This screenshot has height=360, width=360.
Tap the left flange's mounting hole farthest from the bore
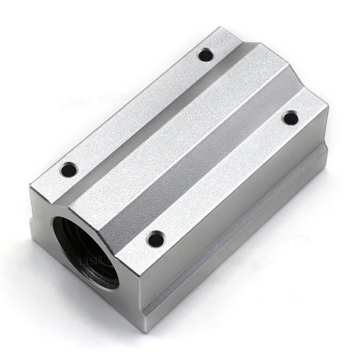pyautogui.click(x=205, y=55)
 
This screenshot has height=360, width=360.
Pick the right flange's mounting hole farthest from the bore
pyautogui.click(x=290, y=117)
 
